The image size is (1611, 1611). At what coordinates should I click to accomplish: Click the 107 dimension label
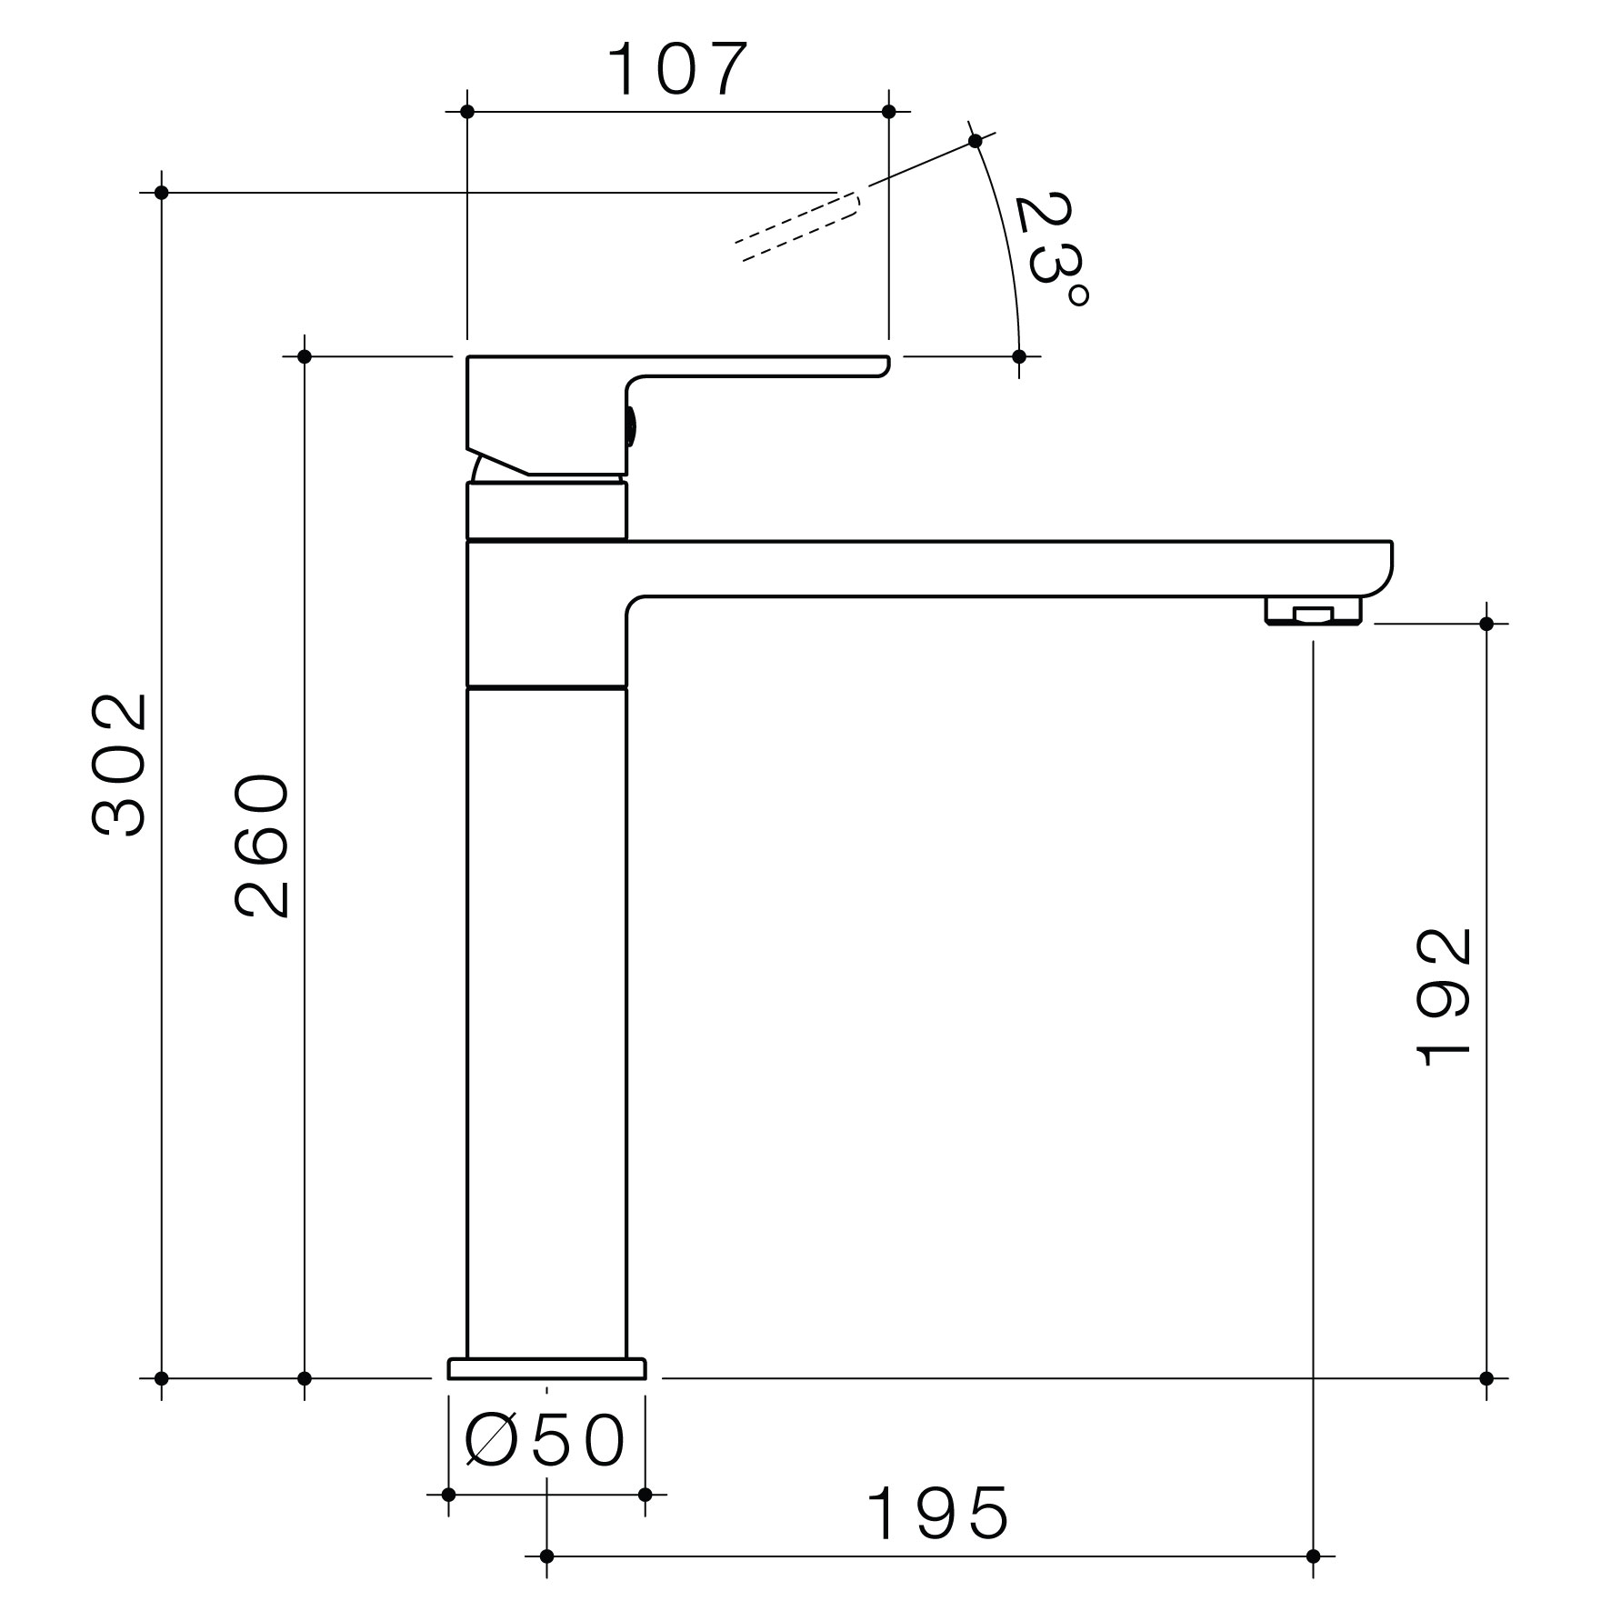click(x=677, y=69)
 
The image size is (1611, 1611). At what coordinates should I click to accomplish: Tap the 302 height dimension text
click(x=119, y=765)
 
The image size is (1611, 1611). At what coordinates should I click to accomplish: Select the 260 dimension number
click(x=262, y=845)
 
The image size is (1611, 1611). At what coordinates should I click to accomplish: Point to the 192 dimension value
click(x=1444, y=996)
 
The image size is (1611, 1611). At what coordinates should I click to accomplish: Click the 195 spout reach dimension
click(x=937, y=1514)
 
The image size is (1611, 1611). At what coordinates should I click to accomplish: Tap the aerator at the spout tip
click(x=1313, y=611)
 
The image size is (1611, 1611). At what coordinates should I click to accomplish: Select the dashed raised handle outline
click(x=797, y=226)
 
